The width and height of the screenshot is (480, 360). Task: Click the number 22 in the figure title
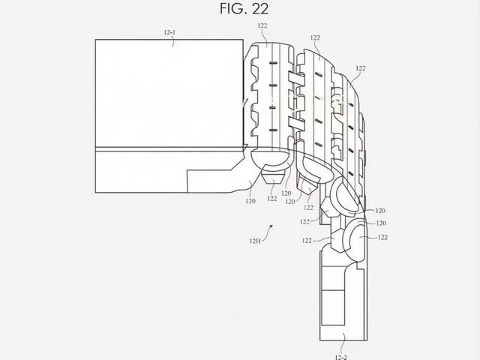coord(260,8)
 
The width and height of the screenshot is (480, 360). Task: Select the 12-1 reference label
coord(169,32)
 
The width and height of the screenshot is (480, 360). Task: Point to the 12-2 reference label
coord(341,357)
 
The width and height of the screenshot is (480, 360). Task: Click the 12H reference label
coord(255,241)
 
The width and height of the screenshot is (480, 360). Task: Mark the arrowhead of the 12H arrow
coord(271,226)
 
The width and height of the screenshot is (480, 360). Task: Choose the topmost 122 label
coord(262,25)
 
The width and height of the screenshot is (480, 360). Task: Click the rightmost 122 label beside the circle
coord(382,237)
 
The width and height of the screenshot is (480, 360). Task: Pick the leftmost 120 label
coord(250,201)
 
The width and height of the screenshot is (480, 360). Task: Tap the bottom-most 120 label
coord(381,223)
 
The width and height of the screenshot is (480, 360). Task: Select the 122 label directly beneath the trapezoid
coord(272,199)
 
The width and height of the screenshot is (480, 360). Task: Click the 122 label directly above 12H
coord(307,241)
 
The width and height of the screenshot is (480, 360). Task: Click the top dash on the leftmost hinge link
coord(273,63)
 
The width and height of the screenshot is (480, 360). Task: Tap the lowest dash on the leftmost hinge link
coord(273,130)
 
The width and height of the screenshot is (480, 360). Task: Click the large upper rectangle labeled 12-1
coord(169,93)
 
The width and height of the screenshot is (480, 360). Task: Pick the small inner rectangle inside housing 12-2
coord(333,307)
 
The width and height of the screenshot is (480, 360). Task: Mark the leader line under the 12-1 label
coord(173,42)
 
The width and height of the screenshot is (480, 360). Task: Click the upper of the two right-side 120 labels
coord(380,211)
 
